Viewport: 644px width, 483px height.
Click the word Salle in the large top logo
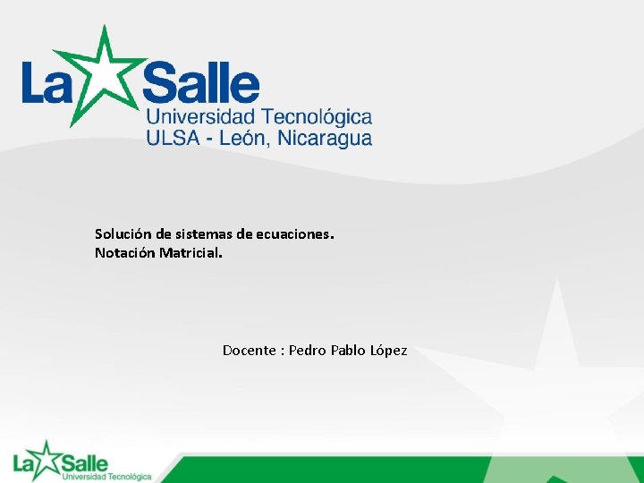[202, 85]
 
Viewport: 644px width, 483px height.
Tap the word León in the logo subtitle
[244, 138]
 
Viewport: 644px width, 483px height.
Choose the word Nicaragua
[325, 138]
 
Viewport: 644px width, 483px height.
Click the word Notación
[125, 253]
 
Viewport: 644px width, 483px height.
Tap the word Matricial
[191, 253]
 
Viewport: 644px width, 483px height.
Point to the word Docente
[249, 351]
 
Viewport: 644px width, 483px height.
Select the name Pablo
[348, 351]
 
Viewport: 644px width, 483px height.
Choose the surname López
[388, 351]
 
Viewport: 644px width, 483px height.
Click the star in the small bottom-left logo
[45, 459]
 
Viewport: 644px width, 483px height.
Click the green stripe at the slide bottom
[402, 470]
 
